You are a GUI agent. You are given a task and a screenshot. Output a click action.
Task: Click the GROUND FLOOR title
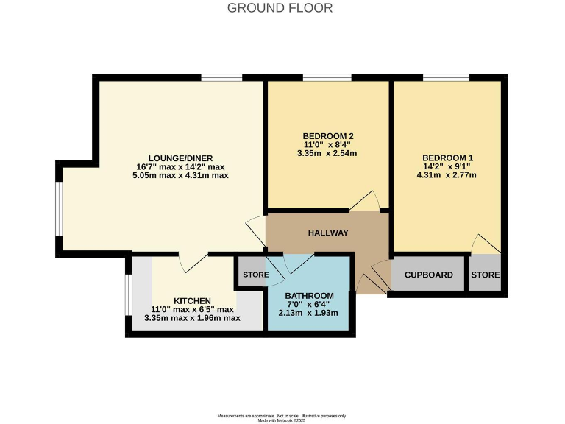[280, 8]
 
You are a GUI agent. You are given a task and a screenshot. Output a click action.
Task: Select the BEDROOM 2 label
[328, 135]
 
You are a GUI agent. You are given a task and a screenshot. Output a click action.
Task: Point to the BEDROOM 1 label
[447, 158]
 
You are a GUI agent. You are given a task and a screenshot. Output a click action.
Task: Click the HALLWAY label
[327, 233]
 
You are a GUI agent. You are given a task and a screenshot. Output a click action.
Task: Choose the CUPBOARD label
[428, 275]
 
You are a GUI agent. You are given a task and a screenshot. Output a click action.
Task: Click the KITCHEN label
[192, 300]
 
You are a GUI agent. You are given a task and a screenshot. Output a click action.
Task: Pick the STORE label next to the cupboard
[485, 275]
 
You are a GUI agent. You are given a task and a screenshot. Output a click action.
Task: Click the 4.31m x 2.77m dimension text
[447, 175]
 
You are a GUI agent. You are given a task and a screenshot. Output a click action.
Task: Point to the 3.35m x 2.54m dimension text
[328, 153]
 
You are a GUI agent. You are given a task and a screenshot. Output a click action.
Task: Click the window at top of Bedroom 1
[446, 77]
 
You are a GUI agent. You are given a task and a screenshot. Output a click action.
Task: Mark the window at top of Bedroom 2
[326, 77]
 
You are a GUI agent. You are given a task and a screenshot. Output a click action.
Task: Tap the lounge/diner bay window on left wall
[59, 208]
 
